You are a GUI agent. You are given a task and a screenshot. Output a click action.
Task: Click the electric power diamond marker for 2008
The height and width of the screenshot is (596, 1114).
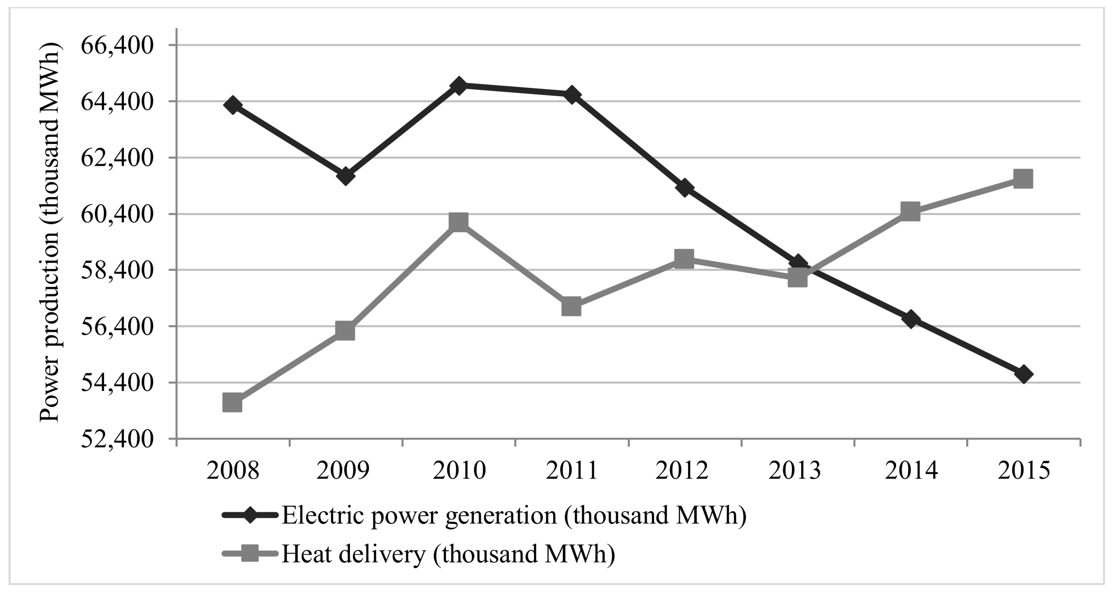(x=233, y=105)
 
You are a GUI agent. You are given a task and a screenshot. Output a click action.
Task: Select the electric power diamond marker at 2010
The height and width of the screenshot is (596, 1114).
(x=458, y=86)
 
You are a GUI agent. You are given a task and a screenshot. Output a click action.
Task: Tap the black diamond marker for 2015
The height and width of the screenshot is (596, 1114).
(x=1023, y=374)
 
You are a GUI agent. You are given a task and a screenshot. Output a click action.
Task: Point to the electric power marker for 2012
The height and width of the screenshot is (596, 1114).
(x=685, y=188)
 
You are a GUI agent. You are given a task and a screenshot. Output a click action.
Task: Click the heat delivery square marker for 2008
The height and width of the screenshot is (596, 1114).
(x=232, y=403)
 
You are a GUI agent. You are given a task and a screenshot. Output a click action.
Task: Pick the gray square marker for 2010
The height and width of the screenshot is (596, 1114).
(x=458, y=222)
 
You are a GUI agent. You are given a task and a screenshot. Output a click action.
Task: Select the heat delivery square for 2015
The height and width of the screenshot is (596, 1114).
(x=1023, y=179)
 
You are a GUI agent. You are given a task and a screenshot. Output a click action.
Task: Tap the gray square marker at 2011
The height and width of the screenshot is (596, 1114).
(x=571, y=306)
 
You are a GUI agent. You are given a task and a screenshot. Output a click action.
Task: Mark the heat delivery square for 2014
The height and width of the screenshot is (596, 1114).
(x=911, y=211)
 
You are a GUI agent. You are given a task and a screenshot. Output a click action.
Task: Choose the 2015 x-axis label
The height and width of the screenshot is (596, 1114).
(x=1023, y=471)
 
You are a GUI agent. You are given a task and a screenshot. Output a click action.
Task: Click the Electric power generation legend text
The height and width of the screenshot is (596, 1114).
(x=514, y=515)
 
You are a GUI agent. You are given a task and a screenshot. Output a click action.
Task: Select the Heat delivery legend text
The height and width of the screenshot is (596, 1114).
(x=448, y=554)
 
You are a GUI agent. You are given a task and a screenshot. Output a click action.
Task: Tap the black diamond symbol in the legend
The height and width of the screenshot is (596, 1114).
(x=250, y=515)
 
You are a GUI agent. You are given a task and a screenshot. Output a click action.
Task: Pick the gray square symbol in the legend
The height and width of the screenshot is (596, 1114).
(x=250, y=554)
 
